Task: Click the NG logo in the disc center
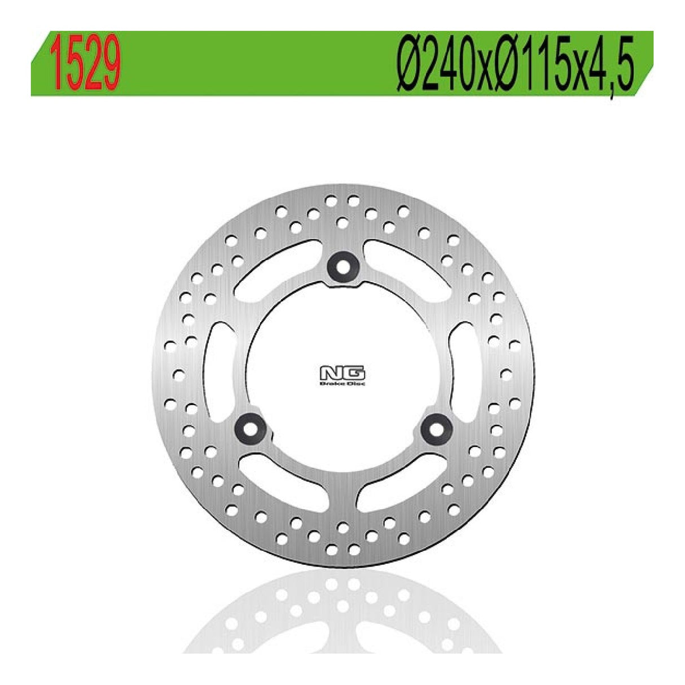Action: (342, 374)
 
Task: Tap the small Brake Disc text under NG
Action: (342, 384)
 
